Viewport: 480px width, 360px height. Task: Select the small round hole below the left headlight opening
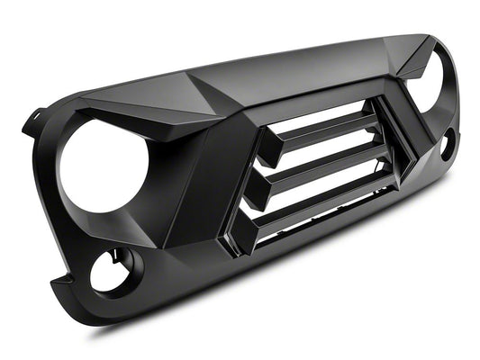click(112, 270)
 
